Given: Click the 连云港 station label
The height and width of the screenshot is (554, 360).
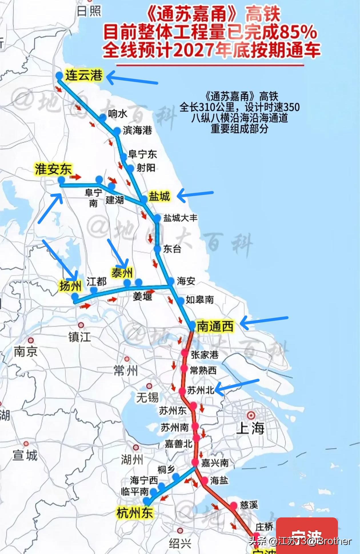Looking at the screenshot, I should point(84,75).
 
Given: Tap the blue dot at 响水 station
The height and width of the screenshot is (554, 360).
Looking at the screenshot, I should point(103,117).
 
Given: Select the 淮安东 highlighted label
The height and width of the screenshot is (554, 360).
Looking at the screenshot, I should point(53,169).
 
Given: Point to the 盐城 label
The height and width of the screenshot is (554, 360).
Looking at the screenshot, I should point(159,196).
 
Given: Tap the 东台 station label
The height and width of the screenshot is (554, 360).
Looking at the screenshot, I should point(172,249).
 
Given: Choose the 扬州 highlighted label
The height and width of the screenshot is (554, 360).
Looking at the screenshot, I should point(70,286).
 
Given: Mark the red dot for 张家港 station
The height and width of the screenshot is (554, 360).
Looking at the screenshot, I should point(185,353).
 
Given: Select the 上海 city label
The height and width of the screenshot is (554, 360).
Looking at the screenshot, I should point(251,428).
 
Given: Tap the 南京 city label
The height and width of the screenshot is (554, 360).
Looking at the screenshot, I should point(26,351).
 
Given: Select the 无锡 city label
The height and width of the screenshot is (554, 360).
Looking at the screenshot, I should point(147,397).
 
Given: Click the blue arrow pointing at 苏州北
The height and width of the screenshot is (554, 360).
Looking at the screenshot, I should point(237,385).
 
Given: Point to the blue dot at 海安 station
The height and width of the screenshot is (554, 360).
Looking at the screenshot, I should point(171,281).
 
